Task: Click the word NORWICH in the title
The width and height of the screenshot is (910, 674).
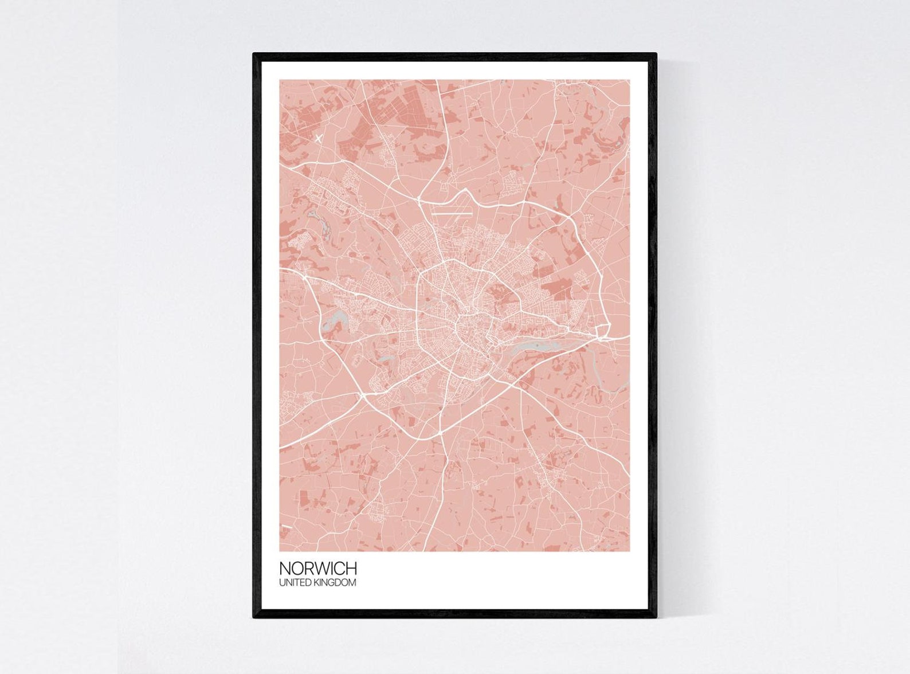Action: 317,569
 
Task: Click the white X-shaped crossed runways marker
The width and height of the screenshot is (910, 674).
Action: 319,138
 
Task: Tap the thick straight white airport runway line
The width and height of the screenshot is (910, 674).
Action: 453,214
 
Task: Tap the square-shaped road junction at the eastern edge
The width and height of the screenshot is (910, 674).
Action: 603,331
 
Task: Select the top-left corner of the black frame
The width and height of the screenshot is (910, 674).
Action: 254,54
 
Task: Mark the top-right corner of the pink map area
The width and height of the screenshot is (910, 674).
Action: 629,80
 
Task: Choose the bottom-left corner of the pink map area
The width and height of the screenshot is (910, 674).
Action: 280,551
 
